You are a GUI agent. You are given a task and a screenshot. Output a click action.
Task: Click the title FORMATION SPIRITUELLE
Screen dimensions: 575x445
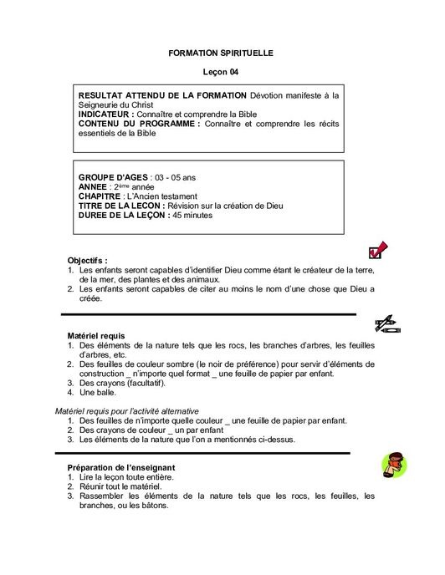pos(221,53)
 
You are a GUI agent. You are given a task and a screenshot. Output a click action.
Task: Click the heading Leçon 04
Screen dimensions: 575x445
pos(221,73)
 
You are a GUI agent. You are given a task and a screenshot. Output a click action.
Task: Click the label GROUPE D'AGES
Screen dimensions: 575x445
pos(113,178)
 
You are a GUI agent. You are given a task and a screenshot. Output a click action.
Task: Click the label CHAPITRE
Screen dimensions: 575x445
pos(106,196)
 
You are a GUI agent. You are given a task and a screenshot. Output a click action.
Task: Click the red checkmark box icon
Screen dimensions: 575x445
pos(379,249)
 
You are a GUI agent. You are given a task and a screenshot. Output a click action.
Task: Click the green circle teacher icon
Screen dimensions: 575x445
pos(393,465)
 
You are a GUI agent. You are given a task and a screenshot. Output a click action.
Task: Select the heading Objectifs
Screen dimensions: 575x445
pos(88,261)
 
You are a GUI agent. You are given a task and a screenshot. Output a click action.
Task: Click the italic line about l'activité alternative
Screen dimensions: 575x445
pos(127,410)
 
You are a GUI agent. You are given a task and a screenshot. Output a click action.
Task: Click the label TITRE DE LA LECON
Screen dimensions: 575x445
pos(120,206)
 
